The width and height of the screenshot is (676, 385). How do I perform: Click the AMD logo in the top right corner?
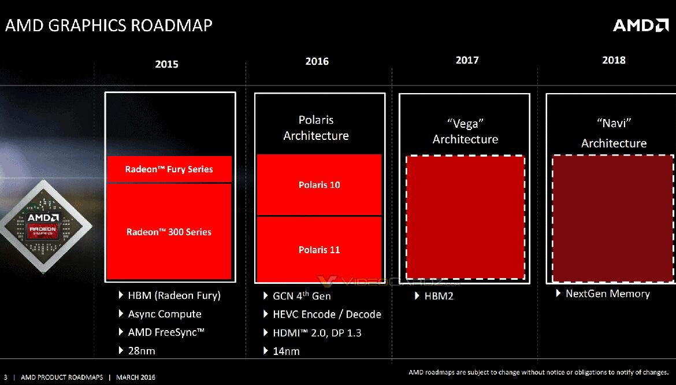[x=640, y=25]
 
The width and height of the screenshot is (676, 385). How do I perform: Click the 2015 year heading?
[x=166, y=64]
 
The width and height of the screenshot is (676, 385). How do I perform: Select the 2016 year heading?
[x=317, y=61]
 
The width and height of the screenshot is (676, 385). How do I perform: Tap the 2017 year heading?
[x=467, y=60]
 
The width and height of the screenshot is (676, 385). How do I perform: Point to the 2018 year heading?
[x=614, y=60]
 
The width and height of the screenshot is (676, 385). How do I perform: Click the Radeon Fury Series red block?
[x=169, y=169]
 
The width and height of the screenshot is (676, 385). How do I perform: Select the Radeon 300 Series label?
[x=169, y=232]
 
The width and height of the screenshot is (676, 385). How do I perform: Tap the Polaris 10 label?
[x=319, y=185]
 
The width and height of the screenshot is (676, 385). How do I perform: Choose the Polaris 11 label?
[x=319, y=250]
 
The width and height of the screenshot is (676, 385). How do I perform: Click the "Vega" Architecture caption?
[x=465, y=131]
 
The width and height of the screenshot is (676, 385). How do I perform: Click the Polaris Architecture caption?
[x=316, y=128]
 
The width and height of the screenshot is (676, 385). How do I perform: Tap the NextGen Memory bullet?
[x=607, y=294]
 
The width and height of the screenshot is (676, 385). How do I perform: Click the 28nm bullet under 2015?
[x=141, y=350]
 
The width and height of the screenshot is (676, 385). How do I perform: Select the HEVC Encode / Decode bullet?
[x=326, y=314]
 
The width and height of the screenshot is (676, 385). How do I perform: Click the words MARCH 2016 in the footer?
[x=136, y=377]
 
